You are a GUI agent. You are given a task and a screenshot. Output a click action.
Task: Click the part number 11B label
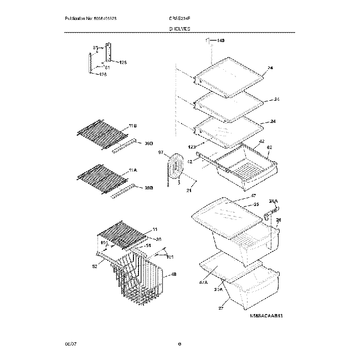(133, 127)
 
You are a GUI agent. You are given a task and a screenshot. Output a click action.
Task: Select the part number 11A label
(133, 171)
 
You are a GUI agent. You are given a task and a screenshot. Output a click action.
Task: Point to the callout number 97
(161, 152)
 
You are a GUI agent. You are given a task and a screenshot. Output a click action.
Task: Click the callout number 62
(270, 148)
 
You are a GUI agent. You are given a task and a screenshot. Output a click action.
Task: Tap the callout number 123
(192, 147)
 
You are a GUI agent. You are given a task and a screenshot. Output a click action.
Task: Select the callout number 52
(95, 266)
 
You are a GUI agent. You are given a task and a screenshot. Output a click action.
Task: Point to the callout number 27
(221, 308)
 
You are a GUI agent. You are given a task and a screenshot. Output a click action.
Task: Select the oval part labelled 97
(176, 167)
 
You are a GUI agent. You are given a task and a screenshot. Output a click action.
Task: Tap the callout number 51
(148, 246)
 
